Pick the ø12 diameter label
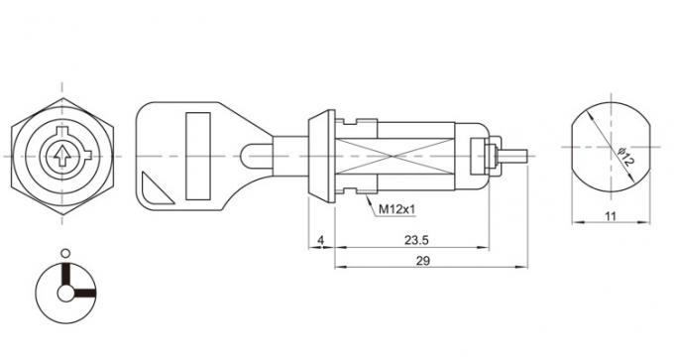[x=621, y=157]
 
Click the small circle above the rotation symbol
[x=65, y=253]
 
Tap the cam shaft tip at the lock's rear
[x=517, y=156]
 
